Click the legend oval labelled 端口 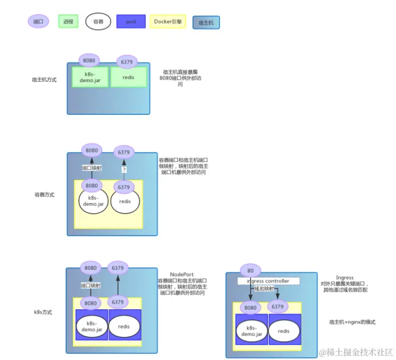[38, 22]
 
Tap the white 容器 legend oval [98, 22]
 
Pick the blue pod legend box [131, 22]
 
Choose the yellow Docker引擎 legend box [167, 22]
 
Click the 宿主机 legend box [206, 22]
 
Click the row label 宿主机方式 [44, 80]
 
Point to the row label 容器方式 [44, 195]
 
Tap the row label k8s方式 [44, 313]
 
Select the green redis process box [128, 77]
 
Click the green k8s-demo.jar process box [90, 77]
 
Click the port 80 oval [250, 270]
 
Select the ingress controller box [268, 281]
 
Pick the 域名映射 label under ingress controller [264, 290]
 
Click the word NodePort [182, 274]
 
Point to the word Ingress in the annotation [346, 277]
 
